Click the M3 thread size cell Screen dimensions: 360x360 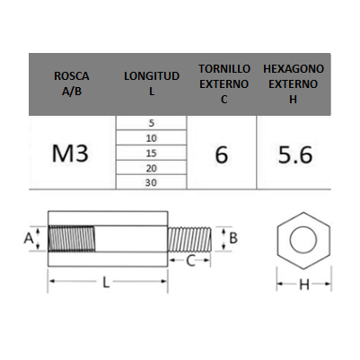70,154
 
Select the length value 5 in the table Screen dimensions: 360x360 152,123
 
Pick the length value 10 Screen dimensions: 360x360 152,138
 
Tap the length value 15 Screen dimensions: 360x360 152,154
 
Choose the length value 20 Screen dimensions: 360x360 152,168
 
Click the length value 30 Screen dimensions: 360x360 151,182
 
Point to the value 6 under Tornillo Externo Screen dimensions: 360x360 222,154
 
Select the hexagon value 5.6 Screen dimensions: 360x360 295,154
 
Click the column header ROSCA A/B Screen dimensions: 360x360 72,83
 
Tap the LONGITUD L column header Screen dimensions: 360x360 152,83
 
